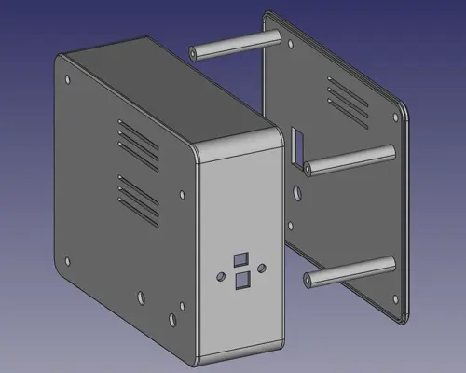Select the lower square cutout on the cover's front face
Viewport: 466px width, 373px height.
point(242,280)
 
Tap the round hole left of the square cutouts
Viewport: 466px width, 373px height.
point(220,277)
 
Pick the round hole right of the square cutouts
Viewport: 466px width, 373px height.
point(262,268)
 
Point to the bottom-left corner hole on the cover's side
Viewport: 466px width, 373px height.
point(67,260)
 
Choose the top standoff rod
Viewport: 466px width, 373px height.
point(233,45)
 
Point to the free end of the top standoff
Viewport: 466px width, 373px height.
point(194,53)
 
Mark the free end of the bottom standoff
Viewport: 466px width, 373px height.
point(308,276)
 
